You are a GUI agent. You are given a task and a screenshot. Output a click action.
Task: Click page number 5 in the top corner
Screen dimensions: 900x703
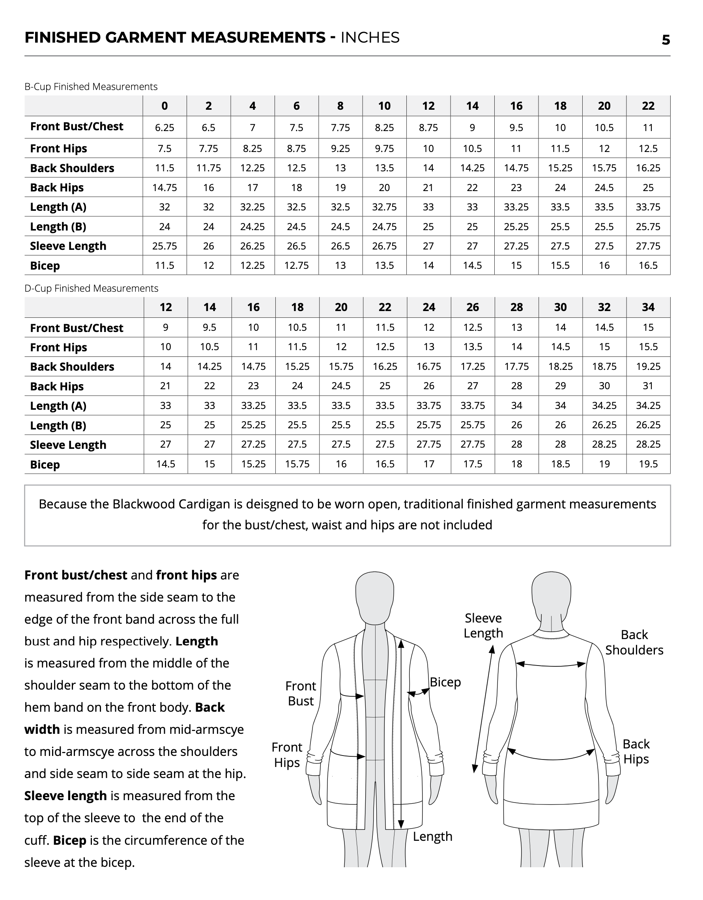[x=666, y=40]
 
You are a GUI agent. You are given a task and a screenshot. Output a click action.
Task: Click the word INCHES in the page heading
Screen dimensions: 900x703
[x=370, y=37]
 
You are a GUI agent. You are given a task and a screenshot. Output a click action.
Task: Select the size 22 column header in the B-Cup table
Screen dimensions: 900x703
[x=648, y=106]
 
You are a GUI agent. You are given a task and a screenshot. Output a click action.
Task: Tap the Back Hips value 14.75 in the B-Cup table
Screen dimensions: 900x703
[x=165, y=187]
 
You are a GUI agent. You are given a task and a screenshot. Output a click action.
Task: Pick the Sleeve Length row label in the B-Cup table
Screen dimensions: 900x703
[x=68, y=246]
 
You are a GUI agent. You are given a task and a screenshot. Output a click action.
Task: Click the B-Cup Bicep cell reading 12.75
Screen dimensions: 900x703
[x=296, y=265]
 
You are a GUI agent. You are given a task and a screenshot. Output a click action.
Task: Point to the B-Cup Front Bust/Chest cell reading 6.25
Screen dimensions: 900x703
[x=165, y=128]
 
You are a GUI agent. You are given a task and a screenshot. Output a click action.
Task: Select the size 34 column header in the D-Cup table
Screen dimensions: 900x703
[x=648, y=307]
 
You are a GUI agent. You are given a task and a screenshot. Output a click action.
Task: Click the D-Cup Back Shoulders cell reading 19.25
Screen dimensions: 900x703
[x=648, y=366]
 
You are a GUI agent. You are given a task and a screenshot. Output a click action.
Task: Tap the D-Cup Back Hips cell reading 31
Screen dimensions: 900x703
[x=648, y=386]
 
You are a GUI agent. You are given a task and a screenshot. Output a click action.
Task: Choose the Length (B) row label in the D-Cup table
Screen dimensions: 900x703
[x=58, y=425]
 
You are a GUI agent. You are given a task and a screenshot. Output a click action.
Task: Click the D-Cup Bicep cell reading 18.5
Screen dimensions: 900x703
[x=560, y=464]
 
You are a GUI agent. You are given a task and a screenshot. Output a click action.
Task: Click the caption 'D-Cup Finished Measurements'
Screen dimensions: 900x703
[x=91, y=288]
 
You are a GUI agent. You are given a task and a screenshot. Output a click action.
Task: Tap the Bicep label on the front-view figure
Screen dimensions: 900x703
[x=445, y=682]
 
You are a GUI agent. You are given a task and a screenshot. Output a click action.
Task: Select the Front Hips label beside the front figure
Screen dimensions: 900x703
[x=287, y=755]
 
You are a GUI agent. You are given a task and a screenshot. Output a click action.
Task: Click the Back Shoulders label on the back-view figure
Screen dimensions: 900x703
[x=634, y=642]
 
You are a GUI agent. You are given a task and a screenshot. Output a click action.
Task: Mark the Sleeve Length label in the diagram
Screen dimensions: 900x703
[x=483, y=625]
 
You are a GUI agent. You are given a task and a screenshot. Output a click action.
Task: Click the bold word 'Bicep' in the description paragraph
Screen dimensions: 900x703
[x=69, y=840]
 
